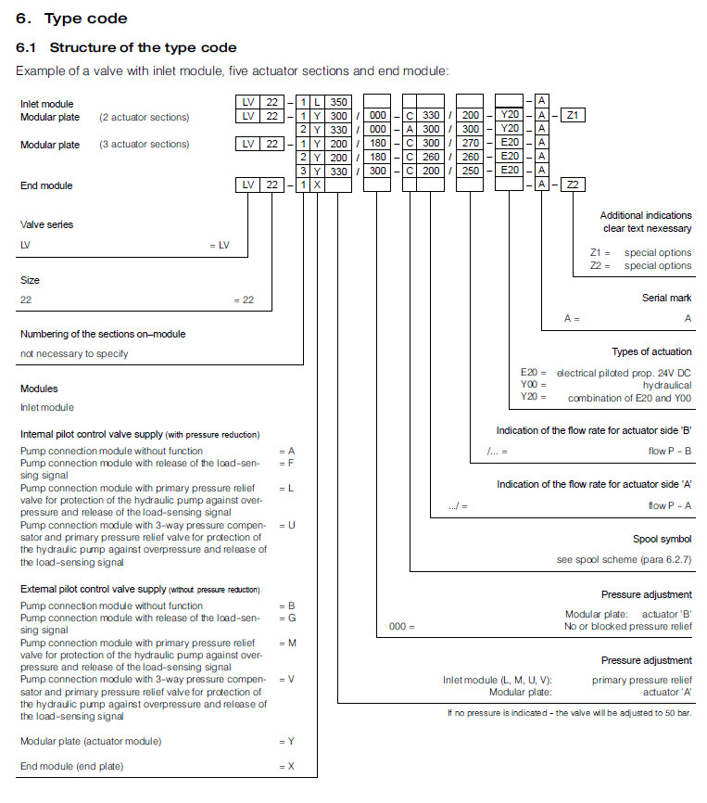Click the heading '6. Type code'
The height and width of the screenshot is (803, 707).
pos(71,19)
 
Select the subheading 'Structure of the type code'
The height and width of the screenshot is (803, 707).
pos(143,47)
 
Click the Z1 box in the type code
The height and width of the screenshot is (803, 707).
pos(573,115)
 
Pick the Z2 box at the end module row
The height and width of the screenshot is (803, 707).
pos(573,185)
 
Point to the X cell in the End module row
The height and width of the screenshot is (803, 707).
pos(317,185)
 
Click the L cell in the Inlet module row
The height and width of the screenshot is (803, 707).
pos(317,101)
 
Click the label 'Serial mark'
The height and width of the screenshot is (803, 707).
pos(666,298)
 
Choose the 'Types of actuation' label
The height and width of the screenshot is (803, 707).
pos(651,351)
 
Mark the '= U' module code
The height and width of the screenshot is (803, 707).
pos(286,525)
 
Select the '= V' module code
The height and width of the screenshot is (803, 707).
pos(286,679)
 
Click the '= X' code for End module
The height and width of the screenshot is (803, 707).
pos(286,766)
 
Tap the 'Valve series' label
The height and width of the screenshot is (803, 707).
pos(46,224)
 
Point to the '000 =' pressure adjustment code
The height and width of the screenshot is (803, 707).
pos(402,626)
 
